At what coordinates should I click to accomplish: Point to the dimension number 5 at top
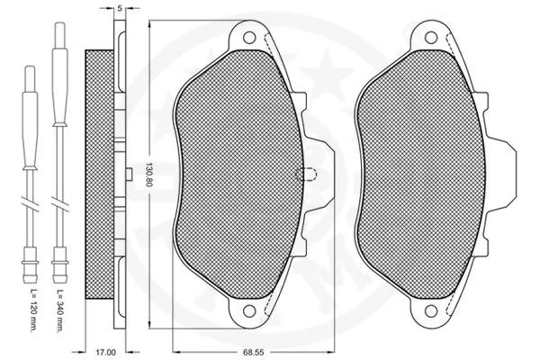(x=120, y=7)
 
